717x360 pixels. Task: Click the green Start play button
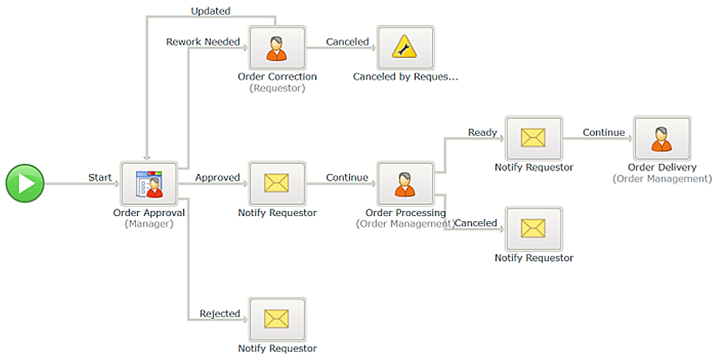[x=25, y=184]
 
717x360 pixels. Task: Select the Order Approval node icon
[x=149, y=184]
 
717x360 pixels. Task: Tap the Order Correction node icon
[x=277, y=48]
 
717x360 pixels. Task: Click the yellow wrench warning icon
[x=405, y=48]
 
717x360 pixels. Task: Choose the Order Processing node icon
[x=405, y=184]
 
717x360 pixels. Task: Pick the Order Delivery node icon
[x=662, y=138]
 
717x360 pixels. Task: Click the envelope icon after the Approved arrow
[x=277, y=184]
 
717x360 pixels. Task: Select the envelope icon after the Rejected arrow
[x=277, y=320]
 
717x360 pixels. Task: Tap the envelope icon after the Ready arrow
[x=533, y=138]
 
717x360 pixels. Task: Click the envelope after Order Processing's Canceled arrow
[x=533, y=228]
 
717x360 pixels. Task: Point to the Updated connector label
[x=210, y=11]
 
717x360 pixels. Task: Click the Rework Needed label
[x=203, y=42]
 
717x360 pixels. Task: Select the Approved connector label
[x=217, y=178]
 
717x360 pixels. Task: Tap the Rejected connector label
[x=220, y=313]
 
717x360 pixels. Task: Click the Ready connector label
[x=483, y=133]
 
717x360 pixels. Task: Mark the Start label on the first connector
[x=100, y=178]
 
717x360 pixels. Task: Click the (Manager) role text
[x=149, y=224]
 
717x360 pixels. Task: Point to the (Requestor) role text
[x=277, y=88]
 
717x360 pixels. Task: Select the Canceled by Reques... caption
[x=405, y=77]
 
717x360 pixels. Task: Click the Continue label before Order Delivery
[x=604, y=132]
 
